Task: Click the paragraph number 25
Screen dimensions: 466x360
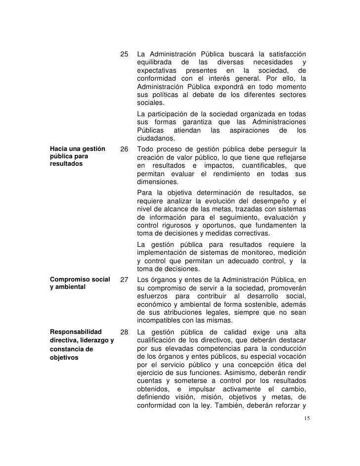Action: (125, 53)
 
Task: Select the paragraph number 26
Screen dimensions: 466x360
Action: (125, 149)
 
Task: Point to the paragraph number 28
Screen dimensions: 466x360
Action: (125, 331)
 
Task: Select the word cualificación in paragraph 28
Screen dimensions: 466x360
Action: (160, 340)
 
